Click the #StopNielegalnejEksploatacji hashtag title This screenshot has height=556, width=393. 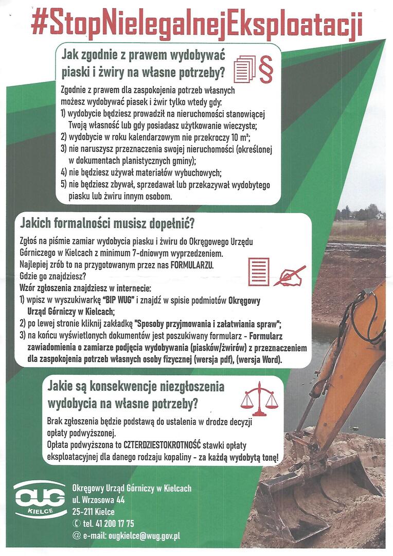[x=196, y=24]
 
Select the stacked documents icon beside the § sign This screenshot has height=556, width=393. [x=244, y=69]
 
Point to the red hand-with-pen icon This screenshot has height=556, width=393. [x=289, y=275]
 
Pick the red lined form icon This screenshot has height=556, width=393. [x=258, y=271]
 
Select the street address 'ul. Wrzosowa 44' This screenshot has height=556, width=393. [x=99, y=499]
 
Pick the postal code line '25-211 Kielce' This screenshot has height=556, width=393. [x=94, y=512]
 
